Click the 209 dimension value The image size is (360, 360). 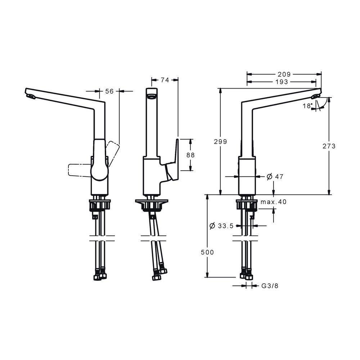click(x=284, y=74)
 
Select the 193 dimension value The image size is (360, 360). click(x=282, y=82)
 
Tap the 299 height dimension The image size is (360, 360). click(x=220, y=141)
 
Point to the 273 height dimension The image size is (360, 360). click(x=329, y=146)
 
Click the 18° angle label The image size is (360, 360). click(x=307, y=106)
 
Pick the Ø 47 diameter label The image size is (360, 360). click(x=275, y=176)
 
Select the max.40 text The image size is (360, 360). click(x=274, y=202)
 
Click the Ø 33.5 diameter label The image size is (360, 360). click(x=221, y=226)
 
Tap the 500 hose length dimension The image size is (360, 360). click(x=207, y=252)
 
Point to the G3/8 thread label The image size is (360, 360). click(x=270, y=286)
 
